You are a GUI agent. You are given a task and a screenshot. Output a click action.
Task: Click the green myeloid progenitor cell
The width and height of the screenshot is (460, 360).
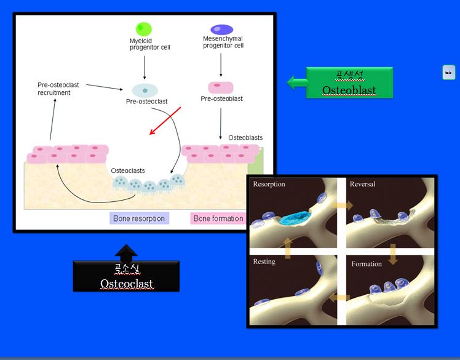144,29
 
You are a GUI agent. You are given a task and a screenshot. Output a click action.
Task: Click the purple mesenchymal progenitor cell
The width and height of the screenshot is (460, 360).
221,29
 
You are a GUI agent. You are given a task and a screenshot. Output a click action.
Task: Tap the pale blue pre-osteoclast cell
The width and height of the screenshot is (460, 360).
145,90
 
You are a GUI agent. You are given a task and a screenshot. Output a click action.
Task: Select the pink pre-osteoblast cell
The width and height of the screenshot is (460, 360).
220,87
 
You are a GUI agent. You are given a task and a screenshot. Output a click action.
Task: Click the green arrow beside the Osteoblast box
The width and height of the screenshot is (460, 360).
298,82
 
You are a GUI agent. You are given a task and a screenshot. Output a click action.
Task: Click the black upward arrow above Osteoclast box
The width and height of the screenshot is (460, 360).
126,251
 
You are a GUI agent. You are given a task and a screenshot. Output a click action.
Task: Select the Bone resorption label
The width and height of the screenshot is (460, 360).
140,218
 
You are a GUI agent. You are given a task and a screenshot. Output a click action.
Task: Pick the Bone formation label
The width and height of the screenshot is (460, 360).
218,218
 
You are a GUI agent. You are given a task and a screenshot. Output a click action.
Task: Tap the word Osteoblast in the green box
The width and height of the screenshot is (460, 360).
349,90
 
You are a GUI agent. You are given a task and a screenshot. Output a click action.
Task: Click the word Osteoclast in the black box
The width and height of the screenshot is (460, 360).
126,283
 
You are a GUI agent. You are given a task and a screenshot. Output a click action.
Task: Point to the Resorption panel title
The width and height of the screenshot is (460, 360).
269,184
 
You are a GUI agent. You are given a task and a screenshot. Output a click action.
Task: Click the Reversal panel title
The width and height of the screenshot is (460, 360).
362,184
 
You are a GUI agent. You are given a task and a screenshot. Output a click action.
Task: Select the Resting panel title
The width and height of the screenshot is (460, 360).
264,262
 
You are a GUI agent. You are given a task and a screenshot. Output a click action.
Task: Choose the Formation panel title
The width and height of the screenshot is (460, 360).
367,264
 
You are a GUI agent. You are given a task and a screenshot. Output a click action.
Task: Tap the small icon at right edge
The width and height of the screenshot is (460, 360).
448,72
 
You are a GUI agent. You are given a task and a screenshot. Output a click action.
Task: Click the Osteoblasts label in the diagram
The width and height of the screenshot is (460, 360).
245,137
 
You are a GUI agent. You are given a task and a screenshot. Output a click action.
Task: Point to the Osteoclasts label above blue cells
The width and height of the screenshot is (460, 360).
128,170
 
